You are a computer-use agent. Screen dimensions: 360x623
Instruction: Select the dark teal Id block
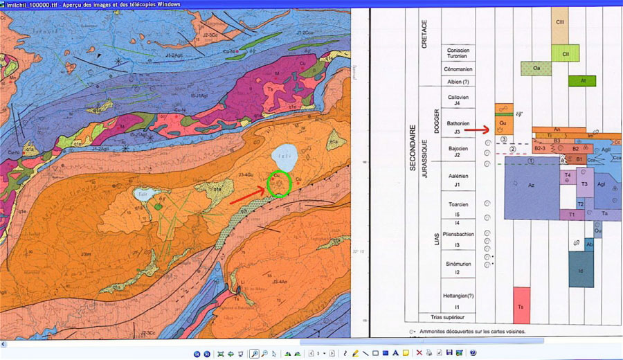pyautogui.click(x=581, y=269)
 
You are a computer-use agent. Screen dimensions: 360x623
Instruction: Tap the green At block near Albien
pyautogui.click(x=581, y=80)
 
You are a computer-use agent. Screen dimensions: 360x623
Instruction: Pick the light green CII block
pyautogui.click(x=565, y=53)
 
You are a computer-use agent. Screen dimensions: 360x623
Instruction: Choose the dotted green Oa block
pyautogui.click(x=536, y=68)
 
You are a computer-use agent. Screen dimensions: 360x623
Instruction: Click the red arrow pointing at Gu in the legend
pyautogui.click(x=476, y=129)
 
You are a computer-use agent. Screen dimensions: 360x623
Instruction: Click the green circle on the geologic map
pyautogui.click(x=278, y=183)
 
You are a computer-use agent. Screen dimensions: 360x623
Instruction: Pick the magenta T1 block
pyautogui.click(x=572, y=215)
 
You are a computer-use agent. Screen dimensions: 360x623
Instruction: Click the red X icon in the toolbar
pyautogui.click(x=419, y=353)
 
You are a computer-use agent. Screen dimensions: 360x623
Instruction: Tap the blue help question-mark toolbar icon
pyautogui.click(x=473, y=353)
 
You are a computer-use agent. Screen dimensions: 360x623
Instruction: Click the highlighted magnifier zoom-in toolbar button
pyautogui.click(x=254, y=353)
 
